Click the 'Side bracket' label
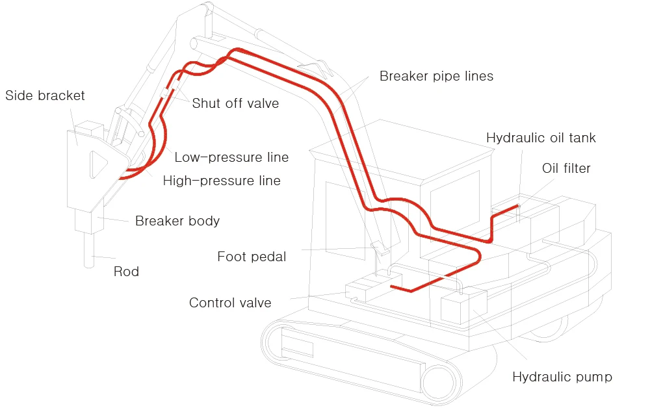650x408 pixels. click(45, 96)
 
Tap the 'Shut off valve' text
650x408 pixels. click(235, 103)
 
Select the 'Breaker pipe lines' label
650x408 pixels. click(436, 76)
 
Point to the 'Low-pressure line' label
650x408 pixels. click(231, 157)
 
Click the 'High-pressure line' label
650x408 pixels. click(222, 181)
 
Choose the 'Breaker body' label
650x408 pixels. click(177, 221)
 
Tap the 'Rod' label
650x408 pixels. click(126, 272)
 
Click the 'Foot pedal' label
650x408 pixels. click(252, 257)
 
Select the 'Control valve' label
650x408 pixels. click(230, 303)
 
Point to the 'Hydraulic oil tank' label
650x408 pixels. click(541, 138)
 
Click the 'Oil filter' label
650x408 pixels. click(566, 168)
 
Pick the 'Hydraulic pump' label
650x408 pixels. click(562, 377)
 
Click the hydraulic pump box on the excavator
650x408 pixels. click(463, 305)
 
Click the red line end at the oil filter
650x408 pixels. click(517, 207)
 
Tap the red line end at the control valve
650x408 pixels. click(391, 285)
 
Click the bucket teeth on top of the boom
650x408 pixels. click(313, 65)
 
